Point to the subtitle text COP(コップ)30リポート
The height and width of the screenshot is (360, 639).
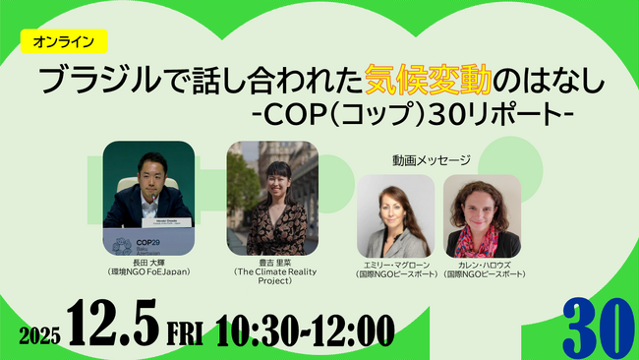tap(413, 113)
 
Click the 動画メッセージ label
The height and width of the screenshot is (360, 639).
tap(425, 158)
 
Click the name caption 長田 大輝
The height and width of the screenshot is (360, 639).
tap(147, 261)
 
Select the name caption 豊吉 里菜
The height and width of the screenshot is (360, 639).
tap(271, 262)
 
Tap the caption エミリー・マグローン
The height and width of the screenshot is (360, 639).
tap(391, 265)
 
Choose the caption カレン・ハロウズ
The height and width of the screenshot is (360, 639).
tap(482, 265)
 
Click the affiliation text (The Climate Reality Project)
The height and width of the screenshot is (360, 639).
tap(271, 276)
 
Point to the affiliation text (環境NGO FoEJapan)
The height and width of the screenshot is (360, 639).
tap(147, 271)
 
